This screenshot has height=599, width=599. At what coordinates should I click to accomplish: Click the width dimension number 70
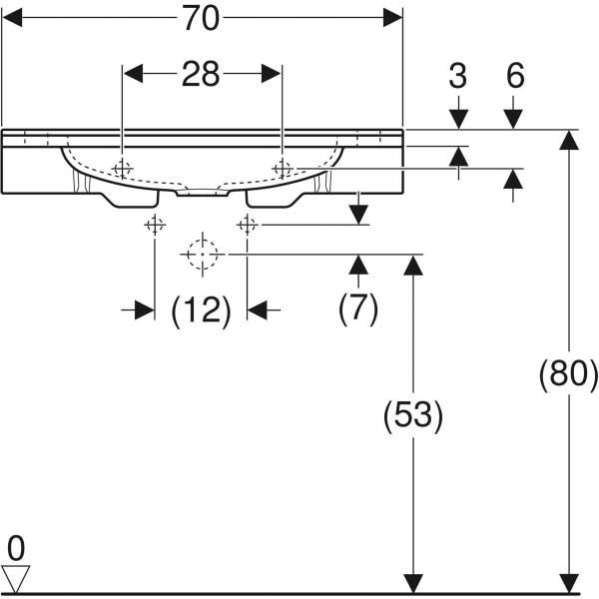click(202, 17)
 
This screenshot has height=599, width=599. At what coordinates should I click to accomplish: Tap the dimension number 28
click(201, 75)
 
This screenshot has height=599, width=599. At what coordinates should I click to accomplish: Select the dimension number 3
click(458, 77)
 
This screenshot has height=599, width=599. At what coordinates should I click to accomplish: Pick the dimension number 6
click(514, 77)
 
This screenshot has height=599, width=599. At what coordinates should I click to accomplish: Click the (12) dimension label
click(202, 311)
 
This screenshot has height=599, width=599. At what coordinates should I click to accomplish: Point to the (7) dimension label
click(358, 308)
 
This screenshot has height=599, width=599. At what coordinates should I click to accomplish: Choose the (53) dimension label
click(413, 414)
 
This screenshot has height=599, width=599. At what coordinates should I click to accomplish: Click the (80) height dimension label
click(568, 374)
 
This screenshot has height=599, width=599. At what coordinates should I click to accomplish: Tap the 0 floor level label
click(15, 547)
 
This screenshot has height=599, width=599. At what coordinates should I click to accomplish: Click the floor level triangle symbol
click(16, 578)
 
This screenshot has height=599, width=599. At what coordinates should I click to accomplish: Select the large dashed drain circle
click(202, 255)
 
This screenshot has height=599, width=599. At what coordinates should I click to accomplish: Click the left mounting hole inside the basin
click(122, 169)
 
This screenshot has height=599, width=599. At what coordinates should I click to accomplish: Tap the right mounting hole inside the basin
click(283, 169)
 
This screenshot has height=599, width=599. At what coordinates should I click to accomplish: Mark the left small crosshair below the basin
click(155, 225)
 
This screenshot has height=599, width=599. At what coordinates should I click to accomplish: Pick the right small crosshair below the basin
click(247, 225)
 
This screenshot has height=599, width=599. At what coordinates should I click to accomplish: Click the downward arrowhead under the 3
click(458, 119)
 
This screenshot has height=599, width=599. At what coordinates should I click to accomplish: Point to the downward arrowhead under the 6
click(514, 119)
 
